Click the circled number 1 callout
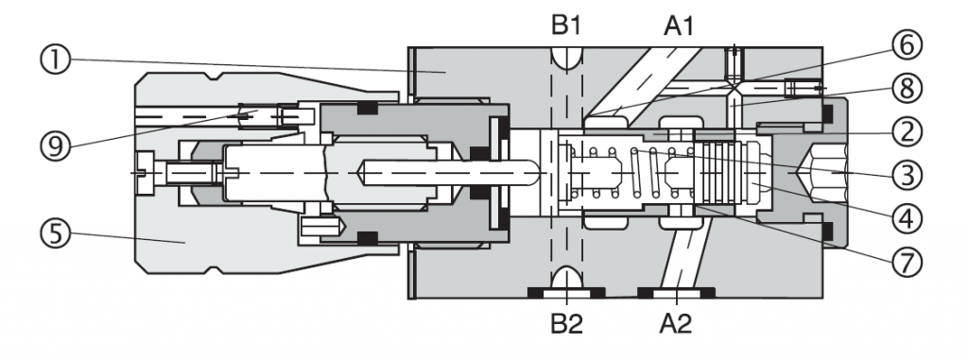[x=56, y=60]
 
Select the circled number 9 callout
[x=56, y=146]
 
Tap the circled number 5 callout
[x=56, y=234]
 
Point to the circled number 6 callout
[x=907, y=46]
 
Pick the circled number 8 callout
[x=907, y=89]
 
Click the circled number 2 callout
[x=907, y=131]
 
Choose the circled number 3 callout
[x=907, y=176]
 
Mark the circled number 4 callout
[x=907, y=218]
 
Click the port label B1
[x=566, y=26]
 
